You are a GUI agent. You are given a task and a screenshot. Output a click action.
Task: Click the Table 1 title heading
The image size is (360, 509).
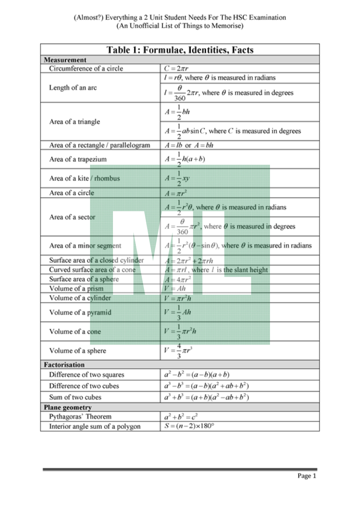(180, 50)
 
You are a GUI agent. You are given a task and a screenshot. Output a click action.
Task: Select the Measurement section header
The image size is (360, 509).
(65, 60)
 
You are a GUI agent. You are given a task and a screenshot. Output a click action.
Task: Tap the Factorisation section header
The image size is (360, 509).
(64, 365)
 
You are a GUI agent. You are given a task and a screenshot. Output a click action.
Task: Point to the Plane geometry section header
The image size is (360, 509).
(68, 407)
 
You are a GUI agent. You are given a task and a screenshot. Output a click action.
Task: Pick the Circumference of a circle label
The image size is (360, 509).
(86, 68)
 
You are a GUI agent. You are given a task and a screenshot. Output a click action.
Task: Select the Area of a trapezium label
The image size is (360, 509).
(78, 159)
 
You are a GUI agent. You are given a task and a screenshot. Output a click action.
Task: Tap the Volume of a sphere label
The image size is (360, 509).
(78, 351)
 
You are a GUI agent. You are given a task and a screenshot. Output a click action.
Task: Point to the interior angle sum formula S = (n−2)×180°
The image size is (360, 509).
(189, 426)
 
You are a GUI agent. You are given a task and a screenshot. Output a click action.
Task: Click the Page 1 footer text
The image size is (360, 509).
(307, 476)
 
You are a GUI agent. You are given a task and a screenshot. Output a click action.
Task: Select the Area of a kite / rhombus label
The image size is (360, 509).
(85, 178)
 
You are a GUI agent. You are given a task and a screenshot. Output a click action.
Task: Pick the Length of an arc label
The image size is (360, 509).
(73, 88)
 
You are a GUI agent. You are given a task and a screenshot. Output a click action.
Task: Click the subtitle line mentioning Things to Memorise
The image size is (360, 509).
(180, 26)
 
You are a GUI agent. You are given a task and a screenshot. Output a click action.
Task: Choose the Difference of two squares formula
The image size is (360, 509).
(197, 375)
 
